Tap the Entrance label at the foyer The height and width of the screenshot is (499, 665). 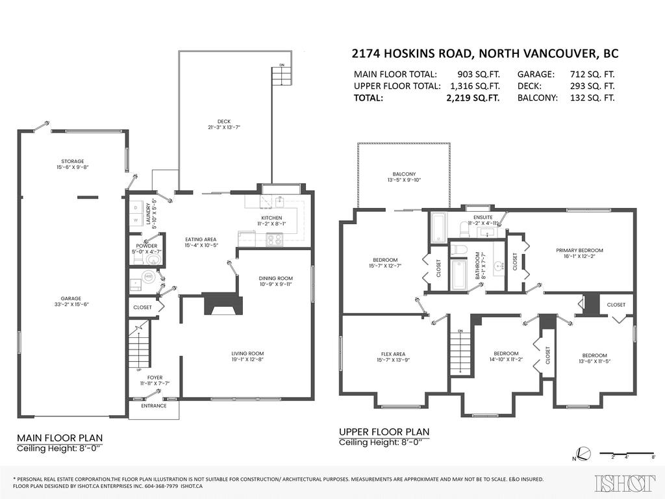pyautogui.click(x=154, y=406)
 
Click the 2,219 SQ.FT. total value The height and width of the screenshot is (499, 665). pyautogui.click(x=472, y=98)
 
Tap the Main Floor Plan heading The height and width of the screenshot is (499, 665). pyautogui.click(x=59, y=438)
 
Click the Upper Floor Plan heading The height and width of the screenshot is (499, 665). pyautogui.click(x=384, y=432)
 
